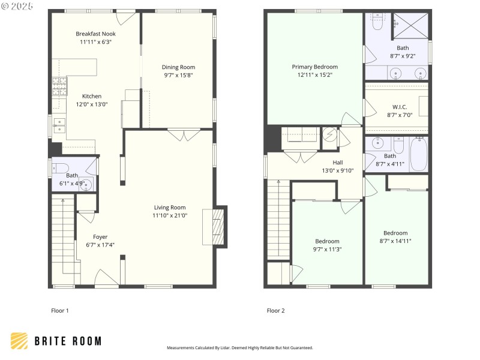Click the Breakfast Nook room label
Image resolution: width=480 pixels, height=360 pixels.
tap(95, 34)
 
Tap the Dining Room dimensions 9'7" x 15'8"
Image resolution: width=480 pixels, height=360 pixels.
tap(179, 76)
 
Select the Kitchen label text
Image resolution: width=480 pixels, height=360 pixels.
tap(92, 96)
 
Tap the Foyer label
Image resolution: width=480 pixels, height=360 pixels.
tap(100, 237)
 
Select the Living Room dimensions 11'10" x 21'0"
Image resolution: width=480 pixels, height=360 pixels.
tap(169, 215)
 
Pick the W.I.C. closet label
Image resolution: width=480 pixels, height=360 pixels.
tap(396, 107)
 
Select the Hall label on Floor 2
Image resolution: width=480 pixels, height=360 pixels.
tap(338, 162)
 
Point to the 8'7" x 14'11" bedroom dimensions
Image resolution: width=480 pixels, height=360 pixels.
tap(395, 241)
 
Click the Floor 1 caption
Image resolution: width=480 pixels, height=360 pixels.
tap(60, 311)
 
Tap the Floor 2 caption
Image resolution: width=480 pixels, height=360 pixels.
tap(275, 311)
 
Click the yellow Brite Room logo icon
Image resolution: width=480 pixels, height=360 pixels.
tap(19, 341)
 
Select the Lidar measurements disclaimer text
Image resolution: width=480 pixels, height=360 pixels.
tap(239, 348)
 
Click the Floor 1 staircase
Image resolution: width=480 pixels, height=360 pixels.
tap(62, 240)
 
